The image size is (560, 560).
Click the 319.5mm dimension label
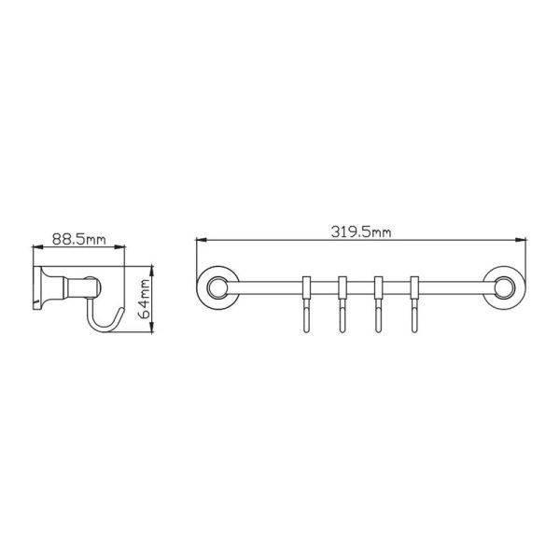[360, 231]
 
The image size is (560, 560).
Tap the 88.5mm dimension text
[79, 239]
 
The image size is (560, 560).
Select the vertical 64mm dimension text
[145, 300]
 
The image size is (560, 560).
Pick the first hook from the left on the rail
[306, 304]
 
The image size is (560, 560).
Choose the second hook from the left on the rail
[343, 304]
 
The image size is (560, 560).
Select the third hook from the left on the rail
[378, 304]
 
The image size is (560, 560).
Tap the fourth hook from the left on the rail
[413, 304]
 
